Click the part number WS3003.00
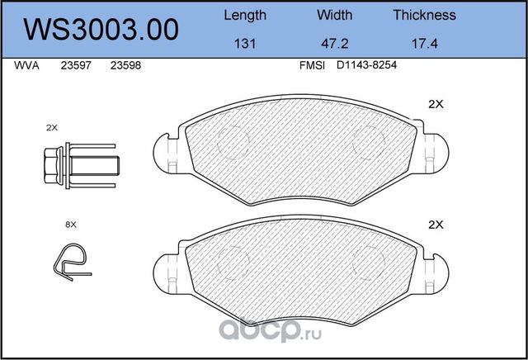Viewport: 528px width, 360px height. (x=101, y=30)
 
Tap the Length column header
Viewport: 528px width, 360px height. (x=245, y=16)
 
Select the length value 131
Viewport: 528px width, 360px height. (x=245, y=44)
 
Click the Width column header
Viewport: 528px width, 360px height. (x=334, y=15)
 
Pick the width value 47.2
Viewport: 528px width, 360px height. (x=334, y=44)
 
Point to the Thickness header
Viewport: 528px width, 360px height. (x=424, y=15)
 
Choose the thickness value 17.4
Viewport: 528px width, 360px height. (x=425, y=44)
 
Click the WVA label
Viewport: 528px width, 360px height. (x=26, y=65)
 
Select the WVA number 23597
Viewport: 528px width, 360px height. (x=76, y=65)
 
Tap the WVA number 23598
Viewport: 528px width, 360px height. (x=125, y=65)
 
